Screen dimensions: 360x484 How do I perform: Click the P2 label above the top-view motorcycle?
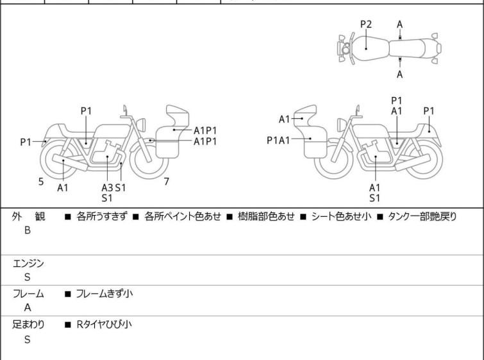pos(366,24)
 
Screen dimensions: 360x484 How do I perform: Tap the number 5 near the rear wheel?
pos(41,182)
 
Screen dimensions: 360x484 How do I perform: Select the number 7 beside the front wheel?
pos(167,182)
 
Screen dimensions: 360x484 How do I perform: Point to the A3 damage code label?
pos(108,187)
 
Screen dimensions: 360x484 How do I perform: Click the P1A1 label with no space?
pos(279,139)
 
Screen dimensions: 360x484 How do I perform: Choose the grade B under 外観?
pos(28,230)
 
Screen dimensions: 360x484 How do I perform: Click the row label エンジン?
pos(29,262)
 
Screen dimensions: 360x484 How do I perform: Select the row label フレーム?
pos(28,294)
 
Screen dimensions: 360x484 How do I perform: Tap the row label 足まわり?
pos(29,325)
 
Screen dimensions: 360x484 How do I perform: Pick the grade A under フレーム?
pos(28,307)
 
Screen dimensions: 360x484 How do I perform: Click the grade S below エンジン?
pos(28,277)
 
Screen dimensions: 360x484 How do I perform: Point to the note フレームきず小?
pos(104,294)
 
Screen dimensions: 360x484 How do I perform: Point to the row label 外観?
pos(29,216)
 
